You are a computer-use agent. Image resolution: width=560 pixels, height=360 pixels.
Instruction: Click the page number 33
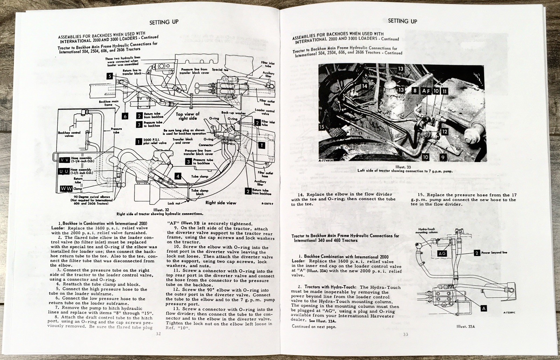coord(405,334)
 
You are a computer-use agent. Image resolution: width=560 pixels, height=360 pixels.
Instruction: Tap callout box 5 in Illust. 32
coord(110,76)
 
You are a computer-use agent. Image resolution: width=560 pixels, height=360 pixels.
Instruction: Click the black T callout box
coord(261,145)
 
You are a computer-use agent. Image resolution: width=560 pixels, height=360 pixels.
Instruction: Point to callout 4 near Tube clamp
coord(178,176)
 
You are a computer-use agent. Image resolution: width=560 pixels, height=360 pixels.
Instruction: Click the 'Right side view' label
coord(220,203)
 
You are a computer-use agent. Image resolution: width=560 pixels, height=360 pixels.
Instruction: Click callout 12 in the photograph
coord(444,132)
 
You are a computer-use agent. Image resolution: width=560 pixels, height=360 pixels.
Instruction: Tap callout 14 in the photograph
coord(364,86)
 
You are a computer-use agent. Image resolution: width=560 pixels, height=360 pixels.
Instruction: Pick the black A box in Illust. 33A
coord(484,308)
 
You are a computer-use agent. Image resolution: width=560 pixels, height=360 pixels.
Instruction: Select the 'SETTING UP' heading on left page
coord(164,22)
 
